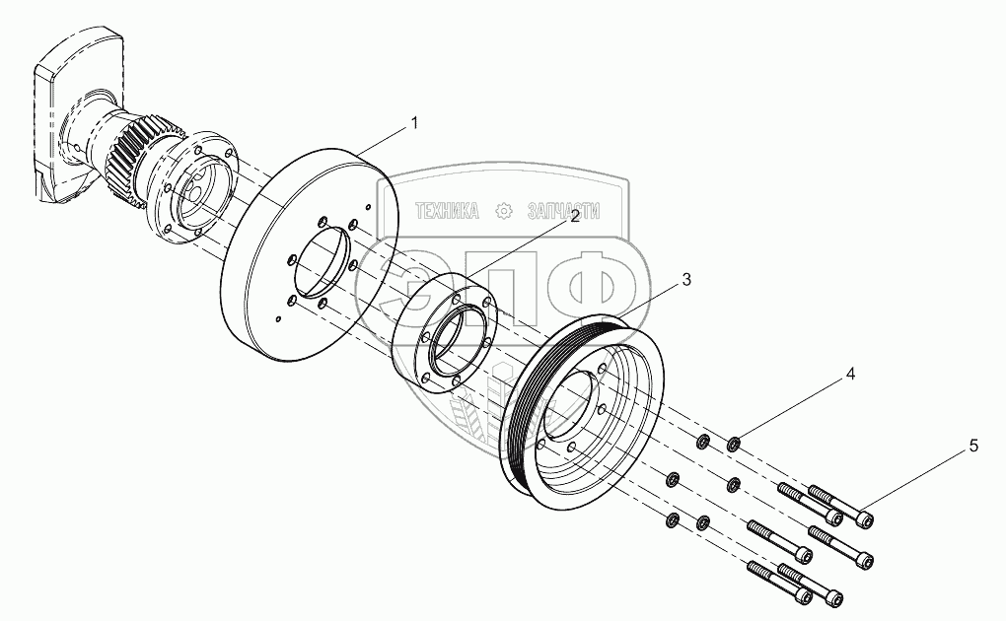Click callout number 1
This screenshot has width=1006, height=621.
pos(414,123)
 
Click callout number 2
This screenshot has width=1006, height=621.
pos(573,224)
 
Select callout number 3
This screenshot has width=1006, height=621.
pos(686,280)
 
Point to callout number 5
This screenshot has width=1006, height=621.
pos(973,447)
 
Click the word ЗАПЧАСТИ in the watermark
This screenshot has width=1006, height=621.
pos(564,211)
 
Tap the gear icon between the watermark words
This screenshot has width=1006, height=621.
pos(504,211)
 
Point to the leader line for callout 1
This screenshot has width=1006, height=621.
pos(385,138)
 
